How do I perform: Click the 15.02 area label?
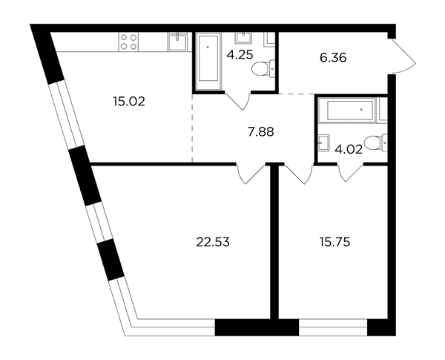129,102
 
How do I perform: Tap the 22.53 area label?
213,243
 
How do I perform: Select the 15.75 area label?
334,243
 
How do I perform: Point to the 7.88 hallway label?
261,132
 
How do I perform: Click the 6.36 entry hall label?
333,58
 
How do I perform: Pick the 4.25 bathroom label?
240,54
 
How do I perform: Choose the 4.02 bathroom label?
349,149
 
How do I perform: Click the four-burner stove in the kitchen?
128,42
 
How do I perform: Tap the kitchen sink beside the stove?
177,42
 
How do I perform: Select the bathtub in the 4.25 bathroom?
208,62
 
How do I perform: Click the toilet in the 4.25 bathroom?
263,68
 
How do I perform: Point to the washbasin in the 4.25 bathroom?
243,38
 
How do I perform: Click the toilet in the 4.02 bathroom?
375,143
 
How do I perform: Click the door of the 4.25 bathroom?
237,101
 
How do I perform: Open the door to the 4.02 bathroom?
351,172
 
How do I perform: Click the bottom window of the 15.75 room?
333,327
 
